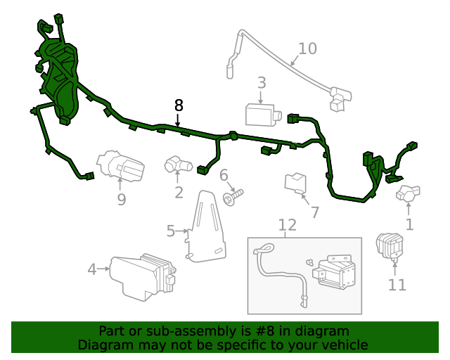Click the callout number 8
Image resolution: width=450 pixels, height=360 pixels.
coord(179,105)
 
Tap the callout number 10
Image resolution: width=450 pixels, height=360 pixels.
coord(307,49)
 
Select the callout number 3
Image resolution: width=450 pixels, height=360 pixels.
coord(261,83)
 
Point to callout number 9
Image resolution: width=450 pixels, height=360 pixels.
coord(121,200)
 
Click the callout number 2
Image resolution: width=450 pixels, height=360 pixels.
coord(179,192)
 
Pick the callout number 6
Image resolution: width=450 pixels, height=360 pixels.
coord(224,175)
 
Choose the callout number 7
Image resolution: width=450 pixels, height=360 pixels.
coord(314,212)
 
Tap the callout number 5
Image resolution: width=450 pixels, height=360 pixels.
coord(171,230)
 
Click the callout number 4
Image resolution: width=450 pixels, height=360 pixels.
coord(91,269)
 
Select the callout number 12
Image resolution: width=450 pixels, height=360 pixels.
coord(287,225)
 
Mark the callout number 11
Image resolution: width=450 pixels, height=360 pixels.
coord(397,285)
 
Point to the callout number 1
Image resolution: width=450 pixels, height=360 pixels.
coord(409,225)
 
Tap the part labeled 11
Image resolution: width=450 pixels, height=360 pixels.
coord(391,245)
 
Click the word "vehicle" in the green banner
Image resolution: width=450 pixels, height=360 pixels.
coord(343,345)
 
